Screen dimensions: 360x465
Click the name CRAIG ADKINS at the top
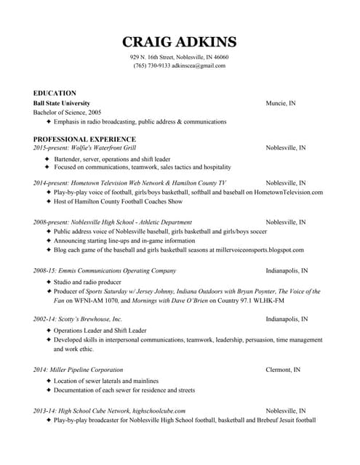pos(179,41)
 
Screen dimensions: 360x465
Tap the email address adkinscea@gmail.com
pos(198,65)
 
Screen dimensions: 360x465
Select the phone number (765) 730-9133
pos(151,65)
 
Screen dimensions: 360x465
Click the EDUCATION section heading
pos(55,93)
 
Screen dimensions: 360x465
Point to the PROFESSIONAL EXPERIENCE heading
pos(84,139)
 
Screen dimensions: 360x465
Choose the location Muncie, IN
pos(280,103)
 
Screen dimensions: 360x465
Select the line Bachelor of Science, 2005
pos(68,113)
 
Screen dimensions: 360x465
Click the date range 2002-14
pos(42,319)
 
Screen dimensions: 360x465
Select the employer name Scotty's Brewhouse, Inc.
pos(88,319)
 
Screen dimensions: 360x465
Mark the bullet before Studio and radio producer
pos(49,281)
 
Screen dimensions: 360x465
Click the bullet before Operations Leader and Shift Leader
pos(49,330)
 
